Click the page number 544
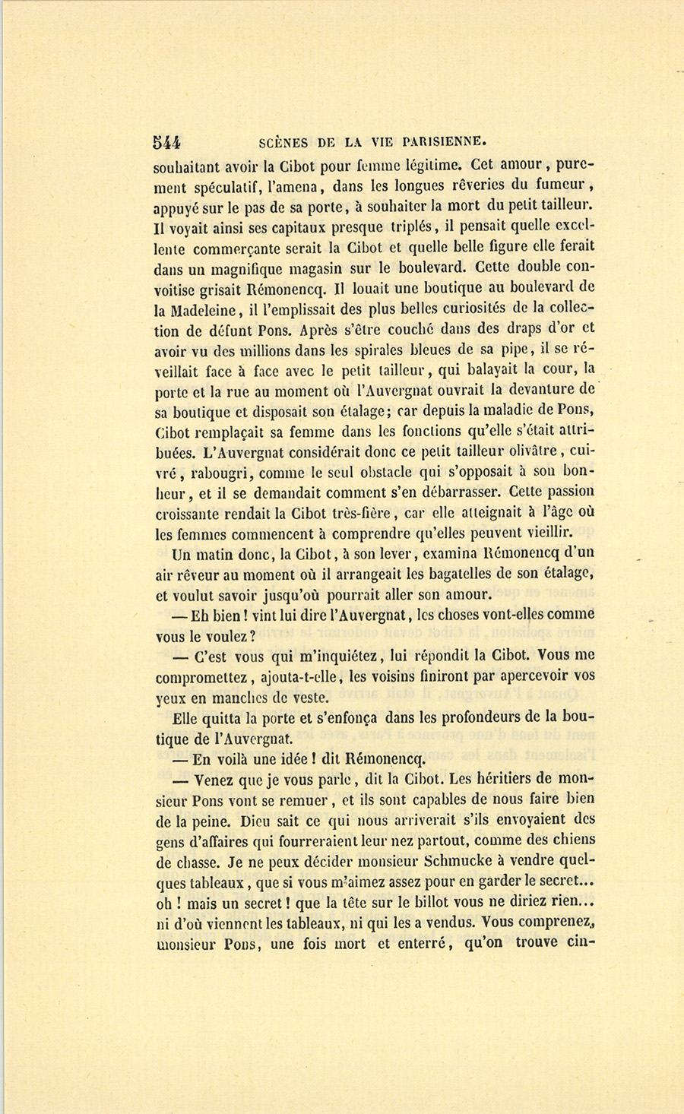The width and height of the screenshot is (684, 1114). [x=166, y=141]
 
